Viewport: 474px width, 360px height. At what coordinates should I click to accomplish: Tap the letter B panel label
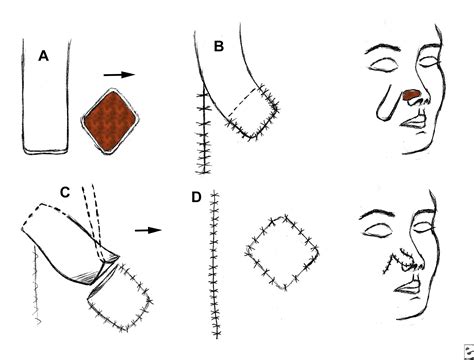point(217,45)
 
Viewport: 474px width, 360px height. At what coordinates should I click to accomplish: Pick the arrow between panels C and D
point(148,229)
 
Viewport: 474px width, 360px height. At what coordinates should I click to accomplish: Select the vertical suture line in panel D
point(213,270)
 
